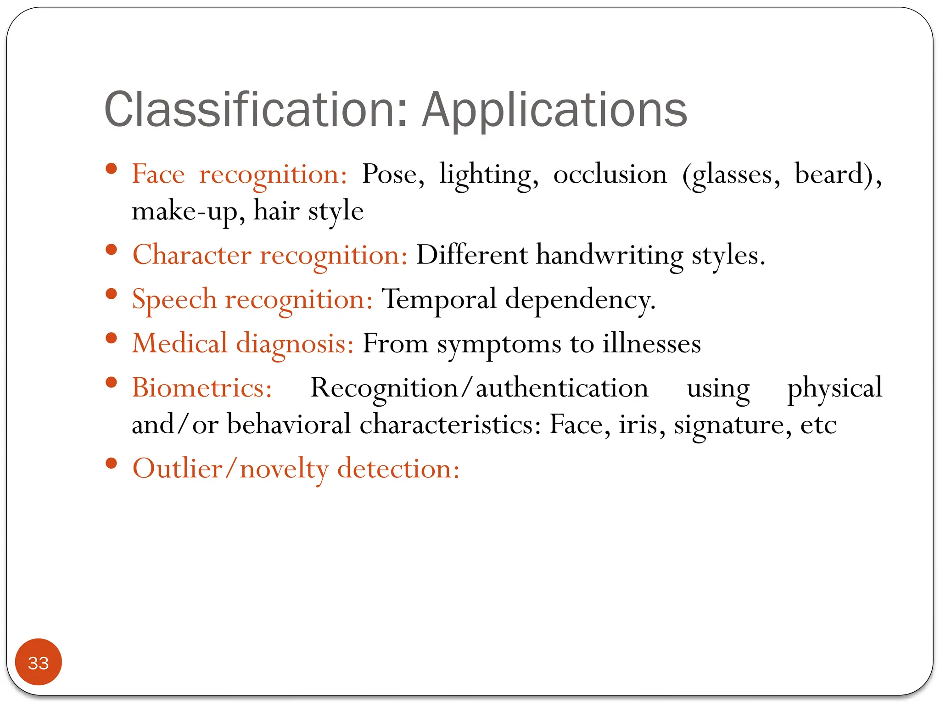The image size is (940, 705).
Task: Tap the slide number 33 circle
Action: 39,662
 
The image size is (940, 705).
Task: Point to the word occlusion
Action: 610,174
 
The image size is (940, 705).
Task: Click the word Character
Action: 192,255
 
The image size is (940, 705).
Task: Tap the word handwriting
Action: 610,255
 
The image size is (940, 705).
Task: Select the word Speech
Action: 174,300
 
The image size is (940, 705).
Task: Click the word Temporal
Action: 439,299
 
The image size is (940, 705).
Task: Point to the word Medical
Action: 180,343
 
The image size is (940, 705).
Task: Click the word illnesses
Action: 652,343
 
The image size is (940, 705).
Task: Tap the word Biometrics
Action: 202,388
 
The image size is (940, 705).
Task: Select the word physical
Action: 834,388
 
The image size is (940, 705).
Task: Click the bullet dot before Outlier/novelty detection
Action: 111,463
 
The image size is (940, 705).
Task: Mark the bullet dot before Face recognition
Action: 111,169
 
